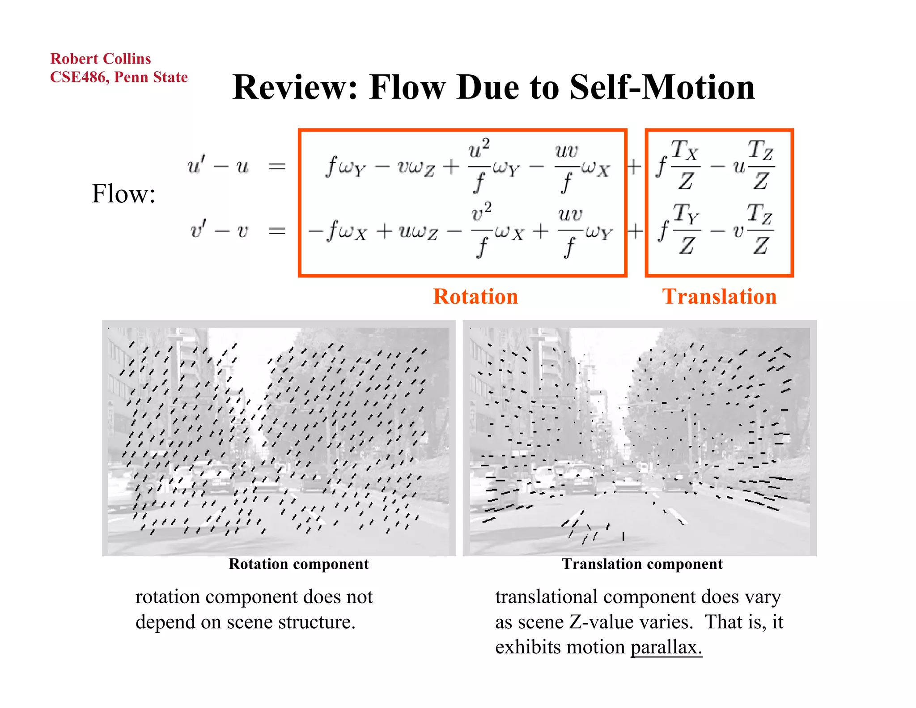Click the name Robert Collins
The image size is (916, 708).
click(x=101, y=59)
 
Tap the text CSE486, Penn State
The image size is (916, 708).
click(x=119, y=77)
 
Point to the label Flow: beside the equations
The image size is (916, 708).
click(x=123, y=194)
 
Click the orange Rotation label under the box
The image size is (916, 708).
click(x=475, y=297)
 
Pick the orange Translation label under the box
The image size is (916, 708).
click(x=719, y=297)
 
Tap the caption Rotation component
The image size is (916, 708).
click(x=299, y=564)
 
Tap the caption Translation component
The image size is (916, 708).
click(x=642, y=564)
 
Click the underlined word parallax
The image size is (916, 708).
click(x=666, y=647)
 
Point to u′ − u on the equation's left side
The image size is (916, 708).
click(x=218, y=166)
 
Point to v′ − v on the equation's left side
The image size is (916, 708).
click(x=219, y=230)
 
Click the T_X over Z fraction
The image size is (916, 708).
click(x=686, y=165)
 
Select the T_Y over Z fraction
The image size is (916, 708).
click(x=687, y=229)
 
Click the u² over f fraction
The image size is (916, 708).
click(x=479, y=165)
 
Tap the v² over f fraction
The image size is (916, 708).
click(x=482, y=229)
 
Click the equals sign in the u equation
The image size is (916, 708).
click(x=277, y=167)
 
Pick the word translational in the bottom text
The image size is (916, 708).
click(x=546, y=597)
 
